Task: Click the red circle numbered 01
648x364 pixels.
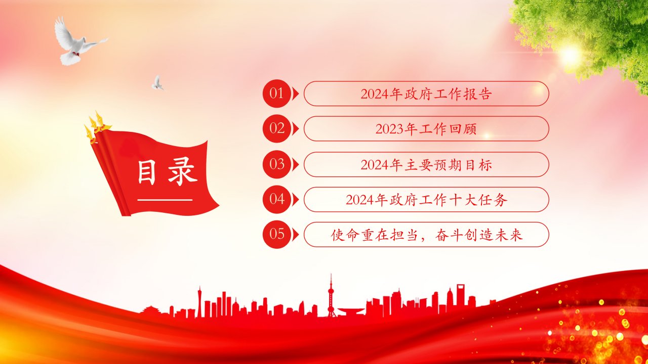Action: tap(276, 94)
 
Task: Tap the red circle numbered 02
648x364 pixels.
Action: tap(276, 128)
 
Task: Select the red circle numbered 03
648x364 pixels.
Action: tap(276, 164)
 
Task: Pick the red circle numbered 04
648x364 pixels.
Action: tap(276, 199)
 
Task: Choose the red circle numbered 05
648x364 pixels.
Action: tap(276, 234)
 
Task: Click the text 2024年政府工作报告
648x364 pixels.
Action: tap(426, 94)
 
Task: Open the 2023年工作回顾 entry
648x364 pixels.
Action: tap(426, 129)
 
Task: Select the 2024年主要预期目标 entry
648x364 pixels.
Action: tap(426, 165)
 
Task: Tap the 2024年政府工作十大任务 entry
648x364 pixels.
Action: tap(426, 200)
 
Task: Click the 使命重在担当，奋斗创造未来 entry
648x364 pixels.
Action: tap(426, 235)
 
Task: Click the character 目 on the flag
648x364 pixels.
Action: tap(147, 172)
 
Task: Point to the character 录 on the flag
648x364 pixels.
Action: tap(183, 171)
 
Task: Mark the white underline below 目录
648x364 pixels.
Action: tap(165, 200)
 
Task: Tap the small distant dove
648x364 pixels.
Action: tap(157, 83)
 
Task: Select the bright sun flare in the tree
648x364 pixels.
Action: tap(570, 55)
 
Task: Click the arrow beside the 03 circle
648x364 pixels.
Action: tap(295, 164)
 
